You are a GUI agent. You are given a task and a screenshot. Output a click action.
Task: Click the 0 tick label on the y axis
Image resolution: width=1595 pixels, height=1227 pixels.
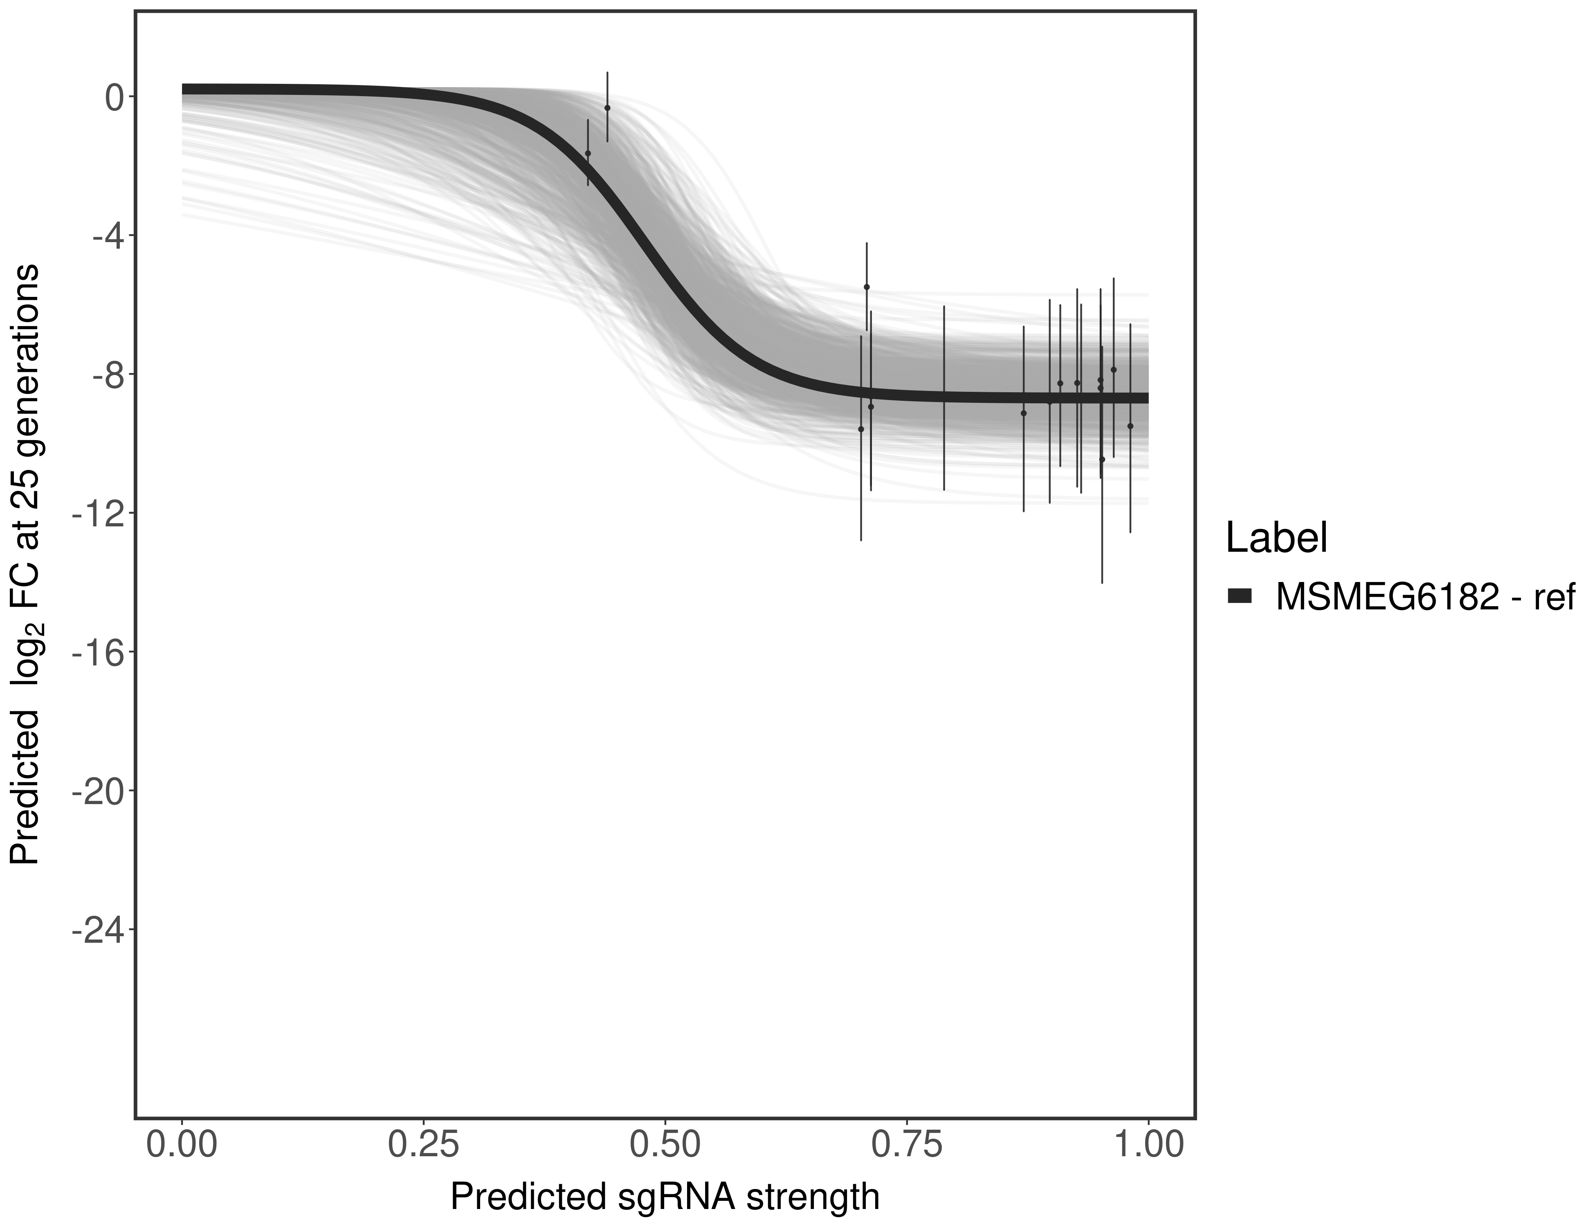coord(114,97)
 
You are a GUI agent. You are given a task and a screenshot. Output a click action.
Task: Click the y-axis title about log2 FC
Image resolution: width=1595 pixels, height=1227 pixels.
coord(25,564)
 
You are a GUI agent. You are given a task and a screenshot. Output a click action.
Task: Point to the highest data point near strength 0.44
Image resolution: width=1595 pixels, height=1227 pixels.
coord(607,107)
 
